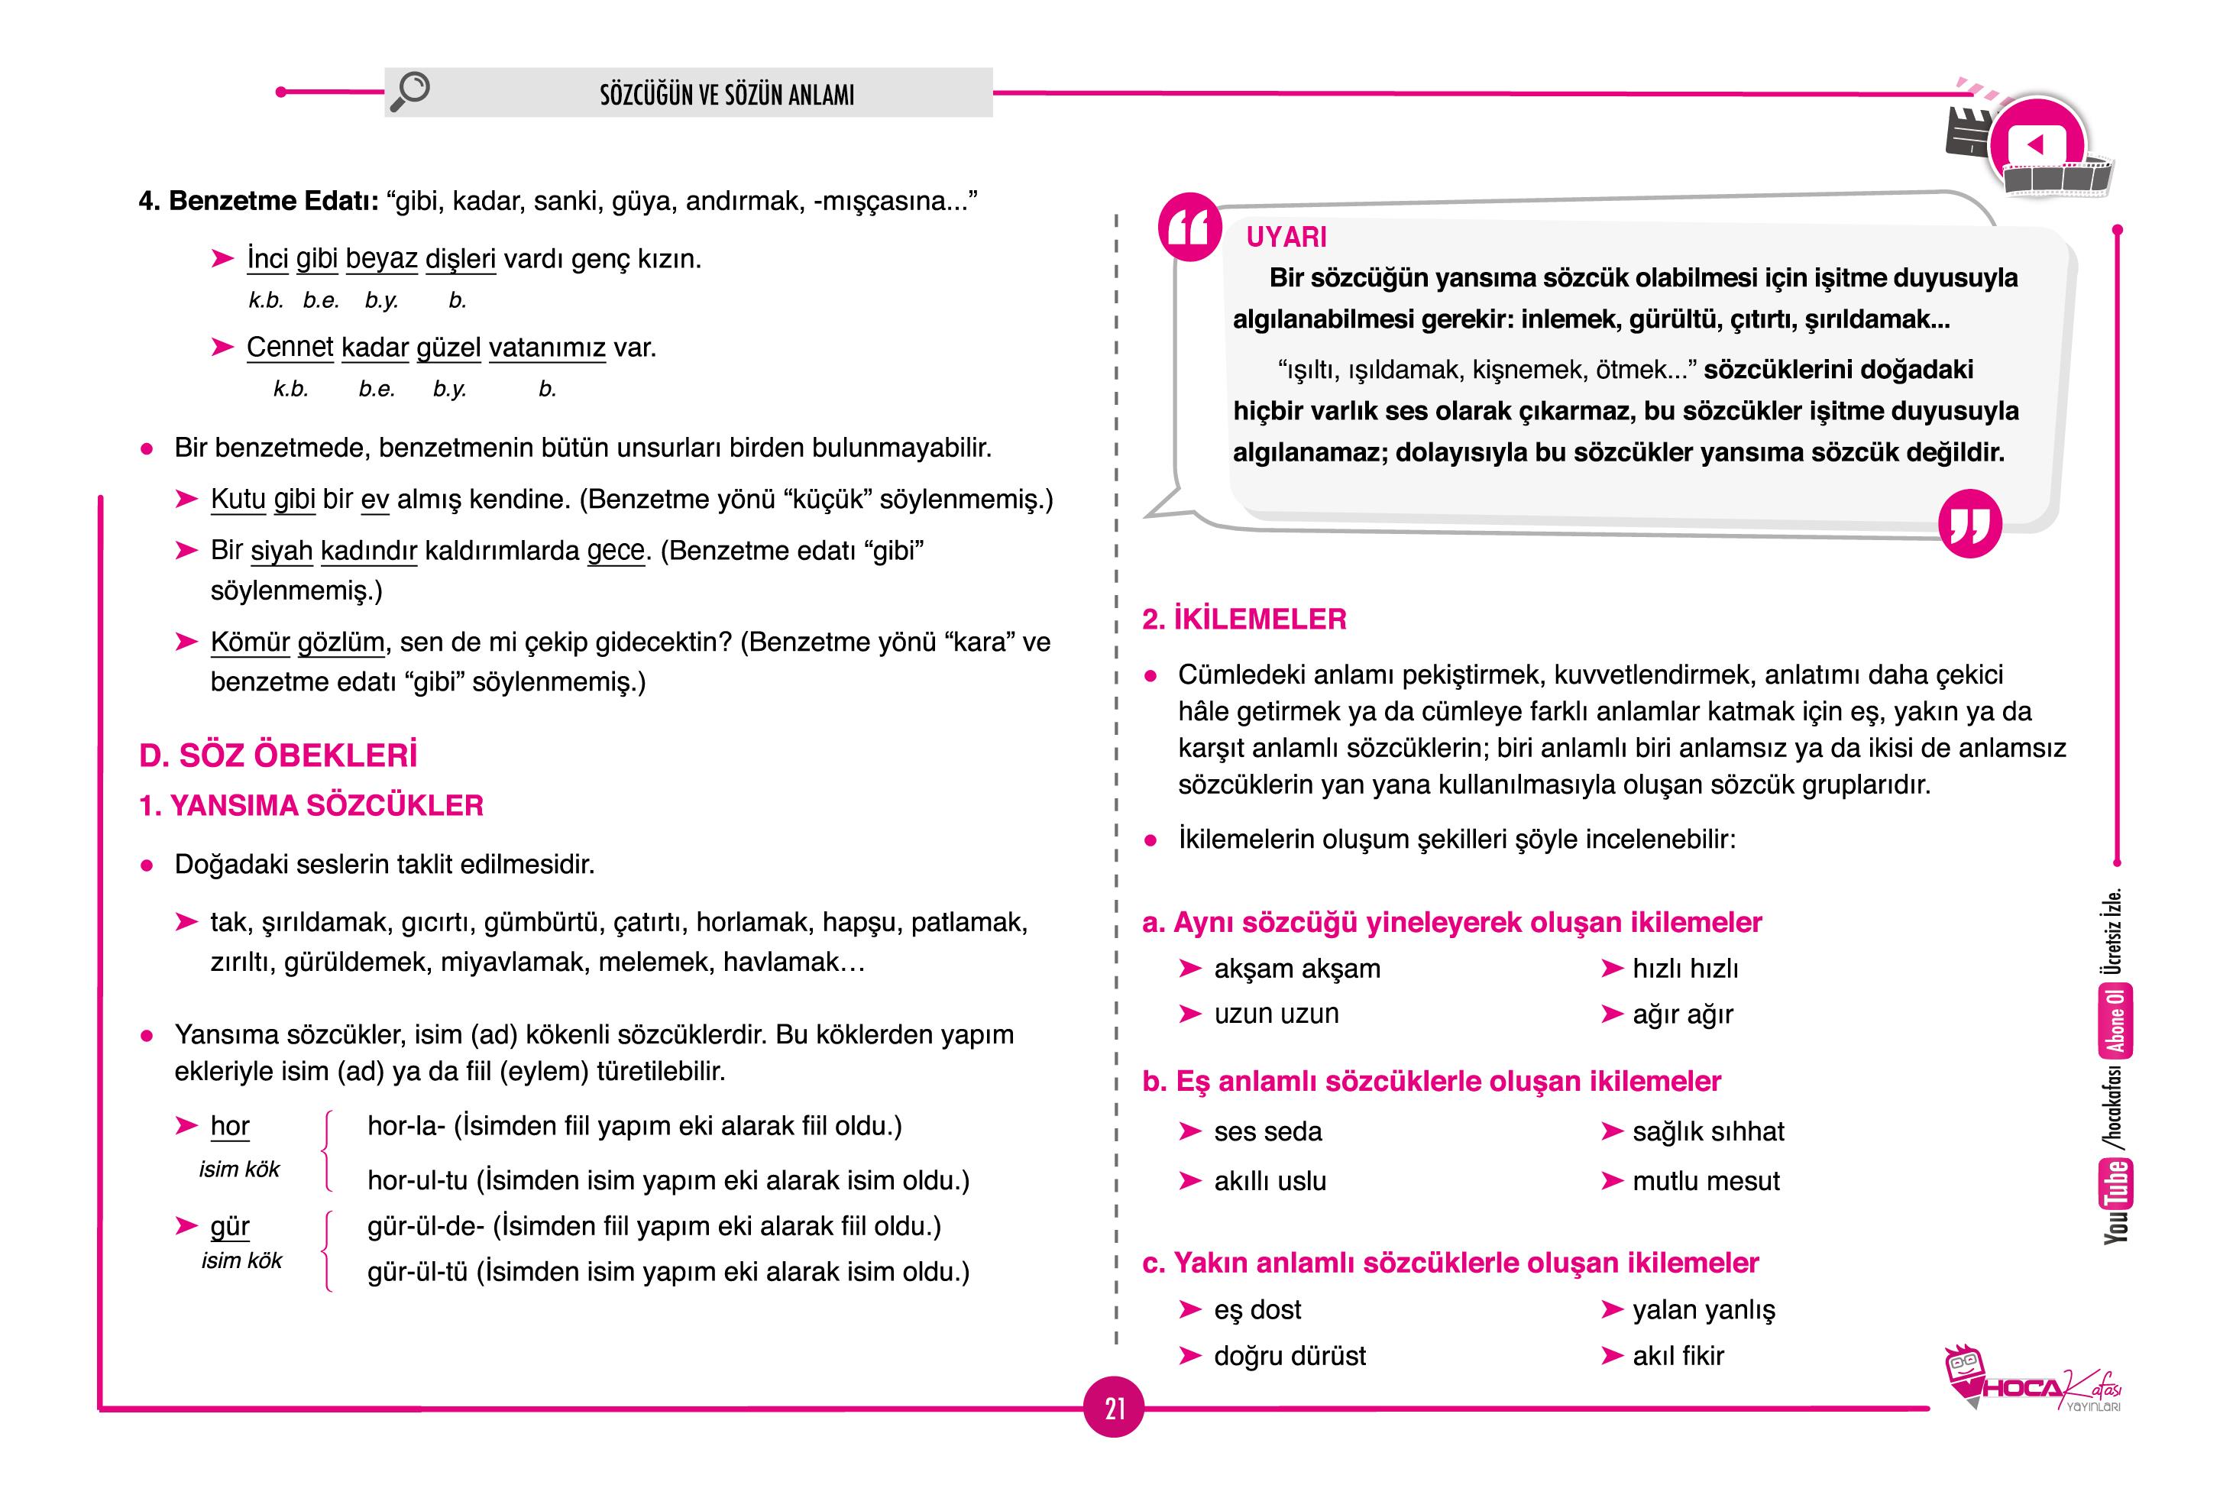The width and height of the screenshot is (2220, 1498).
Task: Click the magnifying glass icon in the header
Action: pos(411,92)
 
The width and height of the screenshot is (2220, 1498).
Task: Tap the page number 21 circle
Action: pos(1114,1407)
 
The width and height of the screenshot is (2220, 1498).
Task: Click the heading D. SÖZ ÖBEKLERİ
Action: pos(278,755)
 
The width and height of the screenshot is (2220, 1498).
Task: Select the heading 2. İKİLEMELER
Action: pos(1244,619)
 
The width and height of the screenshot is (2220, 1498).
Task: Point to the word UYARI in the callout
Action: pos(1286,237)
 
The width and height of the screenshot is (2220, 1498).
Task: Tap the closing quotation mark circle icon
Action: pos(1969,523)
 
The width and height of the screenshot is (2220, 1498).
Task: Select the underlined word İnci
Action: pos(267,259)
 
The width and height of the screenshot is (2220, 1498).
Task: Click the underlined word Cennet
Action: pos(290,347)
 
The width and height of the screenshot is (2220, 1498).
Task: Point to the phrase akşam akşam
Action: pos(1296,969)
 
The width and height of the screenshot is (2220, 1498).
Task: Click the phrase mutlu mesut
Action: pos(1705,1181)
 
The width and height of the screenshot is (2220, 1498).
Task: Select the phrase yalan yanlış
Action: pos(1704,1310)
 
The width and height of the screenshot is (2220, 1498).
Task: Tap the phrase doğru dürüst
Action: pos(1290,1356)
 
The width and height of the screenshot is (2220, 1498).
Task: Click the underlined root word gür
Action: pos(229,1226)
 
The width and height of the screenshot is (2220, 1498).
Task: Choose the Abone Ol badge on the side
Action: pos(2116,1021)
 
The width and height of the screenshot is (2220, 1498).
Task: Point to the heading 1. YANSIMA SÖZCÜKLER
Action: pos(312,805)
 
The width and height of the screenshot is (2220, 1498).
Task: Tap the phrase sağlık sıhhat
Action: pos(1707,1131)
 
